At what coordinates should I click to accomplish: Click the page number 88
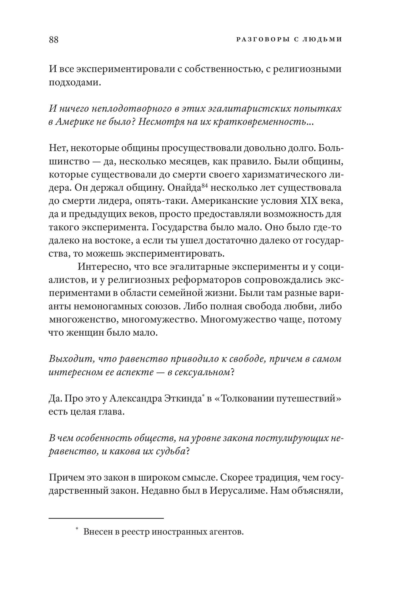[54, 39]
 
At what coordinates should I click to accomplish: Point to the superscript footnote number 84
[205, 185]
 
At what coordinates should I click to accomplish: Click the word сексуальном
[203, 372]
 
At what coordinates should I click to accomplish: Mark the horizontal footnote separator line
[106, 519]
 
